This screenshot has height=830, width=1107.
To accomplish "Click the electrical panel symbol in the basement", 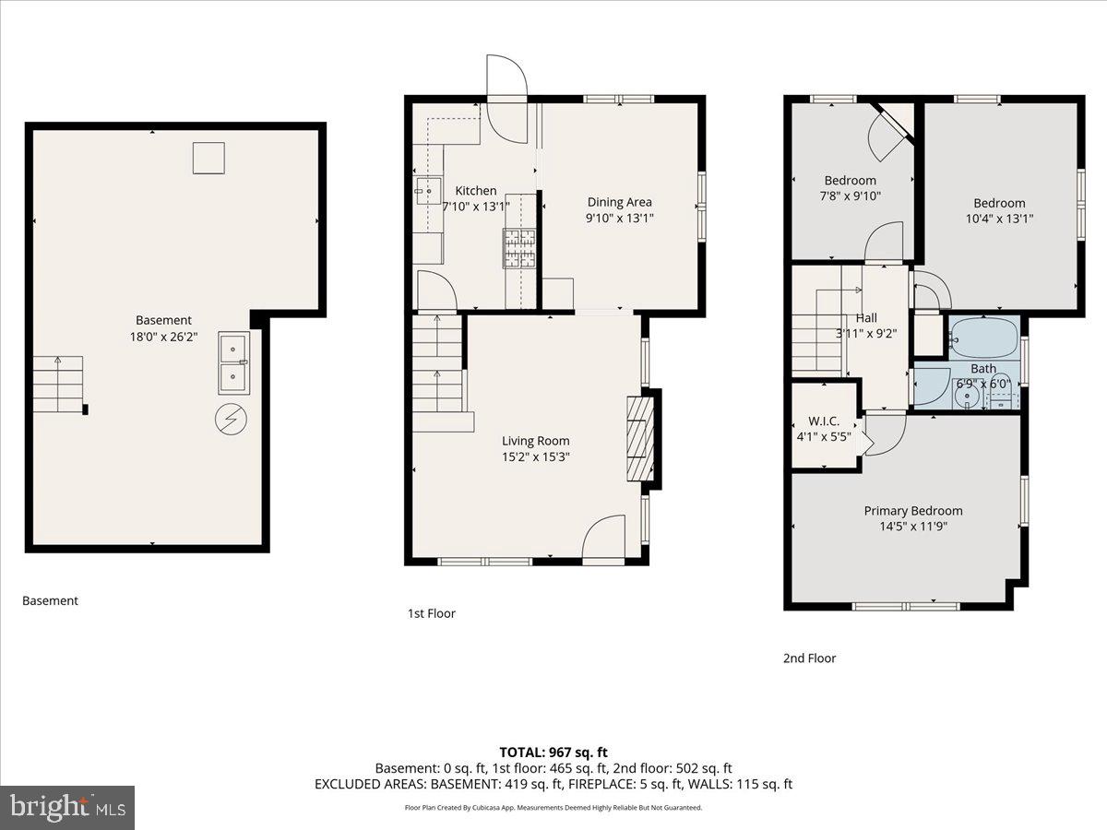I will tap(231, 421).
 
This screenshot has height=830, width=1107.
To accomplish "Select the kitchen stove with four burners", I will tap(519, 248).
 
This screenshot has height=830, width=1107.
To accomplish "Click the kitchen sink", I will tap(426, 193).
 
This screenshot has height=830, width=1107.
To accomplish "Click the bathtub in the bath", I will tap(982, 338).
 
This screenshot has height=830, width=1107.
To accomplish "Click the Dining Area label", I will tap(620, 202).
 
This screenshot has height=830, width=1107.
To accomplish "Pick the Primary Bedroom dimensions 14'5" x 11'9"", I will tap(912, 527).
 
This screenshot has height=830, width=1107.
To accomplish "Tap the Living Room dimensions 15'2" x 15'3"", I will tap(535, 456).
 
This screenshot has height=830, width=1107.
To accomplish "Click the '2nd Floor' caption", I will tap(809, 658).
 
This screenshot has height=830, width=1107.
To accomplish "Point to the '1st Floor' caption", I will tap(431, 613).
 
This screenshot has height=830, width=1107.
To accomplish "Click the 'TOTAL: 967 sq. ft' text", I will tap(553, 753).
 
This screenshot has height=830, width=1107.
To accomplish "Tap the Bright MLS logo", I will tap(67, 807).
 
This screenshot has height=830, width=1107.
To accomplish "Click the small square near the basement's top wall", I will tap(208, 158).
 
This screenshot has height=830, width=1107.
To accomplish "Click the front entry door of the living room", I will tap(605, 539).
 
